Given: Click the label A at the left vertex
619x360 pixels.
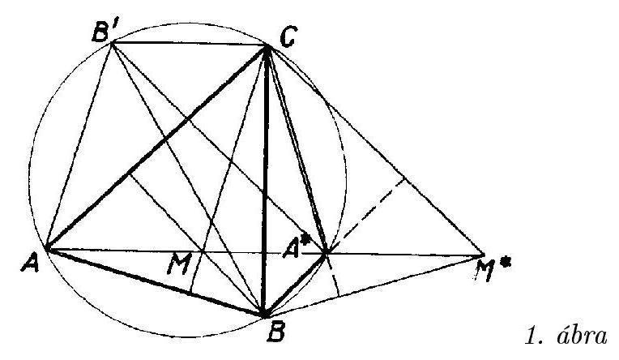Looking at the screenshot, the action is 31,264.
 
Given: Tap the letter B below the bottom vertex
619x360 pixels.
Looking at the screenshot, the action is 276,332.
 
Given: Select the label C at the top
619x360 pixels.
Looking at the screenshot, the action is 288,37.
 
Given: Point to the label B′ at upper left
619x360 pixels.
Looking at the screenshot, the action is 104,31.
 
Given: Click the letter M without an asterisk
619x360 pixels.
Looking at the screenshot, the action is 179,264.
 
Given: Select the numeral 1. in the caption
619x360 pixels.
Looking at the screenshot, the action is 534,336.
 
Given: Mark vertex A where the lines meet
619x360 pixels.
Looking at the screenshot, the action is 47,249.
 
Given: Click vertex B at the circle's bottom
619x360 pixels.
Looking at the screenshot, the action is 265,315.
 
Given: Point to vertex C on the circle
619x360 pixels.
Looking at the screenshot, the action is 267,47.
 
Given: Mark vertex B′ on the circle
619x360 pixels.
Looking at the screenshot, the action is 112,43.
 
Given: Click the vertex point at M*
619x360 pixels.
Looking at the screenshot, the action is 484,255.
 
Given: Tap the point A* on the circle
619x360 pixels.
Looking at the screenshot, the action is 326,253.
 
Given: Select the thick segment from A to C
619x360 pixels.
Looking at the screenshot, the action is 157,148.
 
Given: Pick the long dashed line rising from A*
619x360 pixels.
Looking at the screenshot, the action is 365,216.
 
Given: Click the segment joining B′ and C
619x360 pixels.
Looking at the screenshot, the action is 190,45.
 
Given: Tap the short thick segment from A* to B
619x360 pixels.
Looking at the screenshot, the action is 295,284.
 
